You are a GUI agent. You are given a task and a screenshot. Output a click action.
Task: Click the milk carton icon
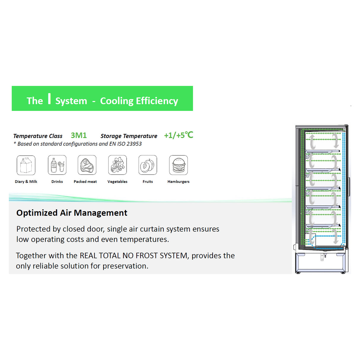coord(26,165)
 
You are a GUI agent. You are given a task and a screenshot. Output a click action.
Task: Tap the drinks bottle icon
coord(57,165)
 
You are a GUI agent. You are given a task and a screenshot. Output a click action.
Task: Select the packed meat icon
coord(87,165)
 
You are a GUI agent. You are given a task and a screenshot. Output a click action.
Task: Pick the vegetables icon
coord(117,165)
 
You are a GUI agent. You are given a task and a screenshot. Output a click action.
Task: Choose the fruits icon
coord(148,165)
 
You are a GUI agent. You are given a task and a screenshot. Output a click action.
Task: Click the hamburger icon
coord(179,165)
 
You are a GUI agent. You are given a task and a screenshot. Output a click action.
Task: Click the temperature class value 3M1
coord(79,136)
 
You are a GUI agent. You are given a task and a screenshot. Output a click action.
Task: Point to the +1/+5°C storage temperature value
coord(179,135)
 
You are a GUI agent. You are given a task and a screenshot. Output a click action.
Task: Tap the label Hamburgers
coord(178,181)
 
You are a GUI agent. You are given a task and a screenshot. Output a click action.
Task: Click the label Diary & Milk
coord(26,181)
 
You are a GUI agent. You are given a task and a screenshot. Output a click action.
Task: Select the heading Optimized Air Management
coord(72,213)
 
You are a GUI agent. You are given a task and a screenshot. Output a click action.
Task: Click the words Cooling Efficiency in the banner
coord(139,101)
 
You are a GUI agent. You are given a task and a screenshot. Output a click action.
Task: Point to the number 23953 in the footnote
coord(134,144)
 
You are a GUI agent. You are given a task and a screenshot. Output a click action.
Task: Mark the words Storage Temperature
coord(129,136)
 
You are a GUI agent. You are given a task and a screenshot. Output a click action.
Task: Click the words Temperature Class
coord(38,136)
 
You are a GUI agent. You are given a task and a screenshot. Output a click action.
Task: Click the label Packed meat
coord(85,181)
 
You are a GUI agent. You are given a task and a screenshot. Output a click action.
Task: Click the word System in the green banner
coord(71,101)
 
